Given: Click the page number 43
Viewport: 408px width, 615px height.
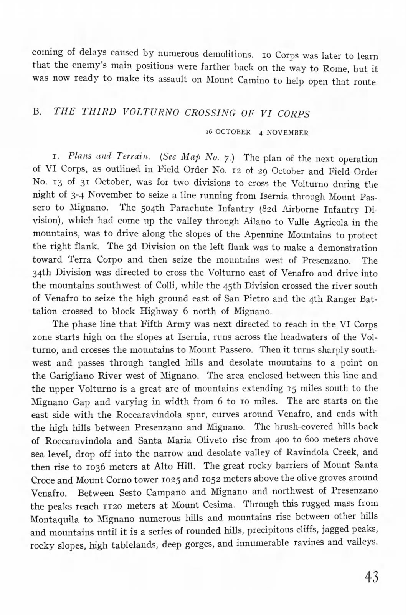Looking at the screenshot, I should (372, 577).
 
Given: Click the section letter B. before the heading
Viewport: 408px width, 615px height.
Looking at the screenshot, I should (37, 112).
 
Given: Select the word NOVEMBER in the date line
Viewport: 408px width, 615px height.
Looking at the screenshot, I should (287, 133).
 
